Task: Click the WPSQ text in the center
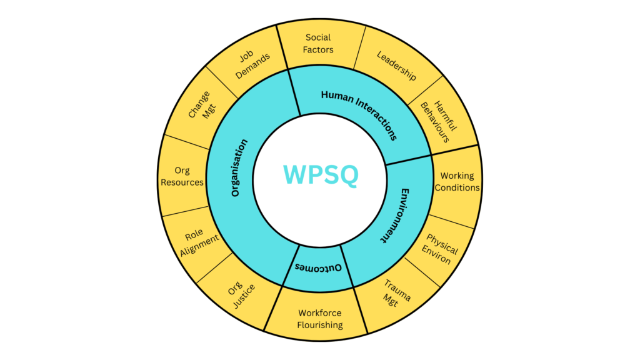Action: [321, 176]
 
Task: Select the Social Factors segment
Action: [319, 43]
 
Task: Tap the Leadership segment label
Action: [396, 66]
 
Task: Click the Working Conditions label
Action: [457, 182]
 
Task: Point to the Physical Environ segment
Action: [441, 249]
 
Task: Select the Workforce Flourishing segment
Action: [320, 319]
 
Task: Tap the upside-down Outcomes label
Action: [318, 267]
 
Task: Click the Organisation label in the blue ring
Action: [239, 167]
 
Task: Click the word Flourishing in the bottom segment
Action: [320, 325]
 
